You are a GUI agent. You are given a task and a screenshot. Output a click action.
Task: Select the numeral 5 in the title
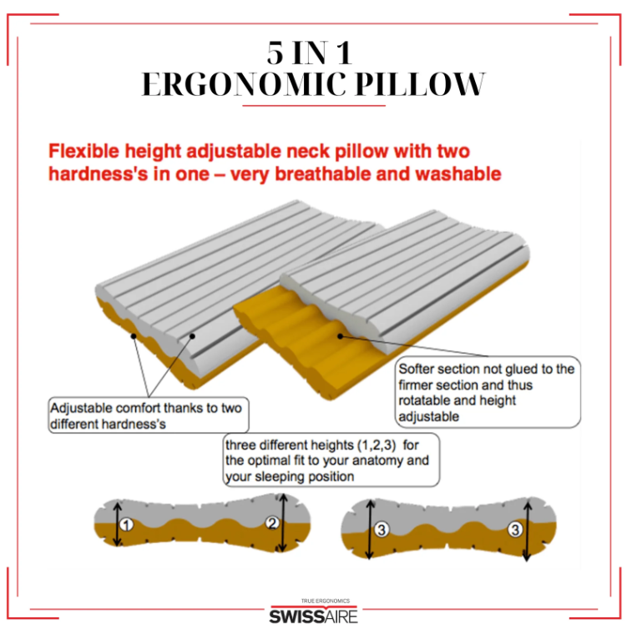[x=276, y=53]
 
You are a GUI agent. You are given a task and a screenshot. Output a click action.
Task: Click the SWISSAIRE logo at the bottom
[x=313, y=615]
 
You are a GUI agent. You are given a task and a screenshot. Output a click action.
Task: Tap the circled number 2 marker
[x=273, y=524]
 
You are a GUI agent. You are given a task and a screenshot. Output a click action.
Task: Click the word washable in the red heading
[x=455, y=174]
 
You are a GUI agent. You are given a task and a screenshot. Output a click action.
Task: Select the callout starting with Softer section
[x=486, y=392]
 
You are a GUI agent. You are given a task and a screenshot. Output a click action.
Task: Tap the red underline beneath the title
[x=313, y=106]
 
